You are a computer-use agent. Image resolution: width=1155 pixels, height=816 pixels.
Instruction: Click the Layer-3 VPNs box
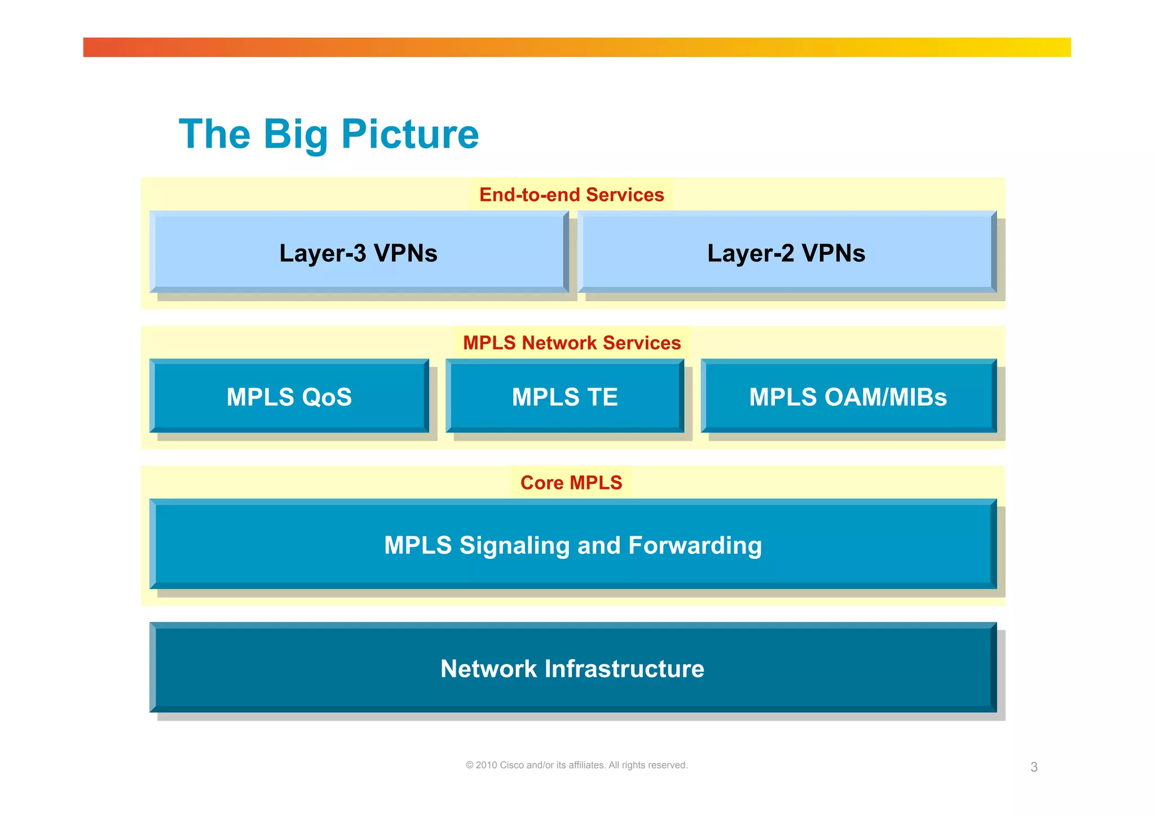pyautogui.click(x=359, y=253)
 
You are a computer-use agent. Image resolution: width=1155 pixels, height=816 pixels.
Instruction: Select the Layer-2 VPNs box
pyautogui.click(x=786, y=253)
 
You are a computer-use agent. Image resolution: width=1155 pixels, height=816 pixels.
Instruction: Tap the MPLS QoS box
pyautogui.click(x=289, y=396)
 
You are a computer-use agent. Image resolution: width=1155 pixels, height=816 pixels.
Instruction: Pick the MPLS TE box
pyautogui.click(x=565, y=396)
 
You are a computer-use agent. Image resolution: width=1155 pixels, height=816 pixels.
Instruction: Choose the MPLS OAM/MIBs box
pyautogui.click(x=848, y=396)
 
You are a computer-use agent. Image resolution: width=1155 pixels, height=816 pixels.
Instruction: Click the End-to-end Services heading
pyautogui.click(x=571, y=195)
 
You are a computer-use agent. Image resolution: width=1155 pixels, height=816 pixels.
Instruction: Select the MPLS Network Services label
pyautogui.click(x=571, y=343)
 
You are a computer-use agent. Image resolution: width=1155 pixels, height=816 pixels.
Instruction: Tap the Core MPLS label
pyautogui.click(x=571, y=483)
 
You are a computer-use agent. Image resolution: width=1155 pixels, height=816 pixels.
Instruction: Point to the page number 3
pyautogui.click(x=1034, y=767)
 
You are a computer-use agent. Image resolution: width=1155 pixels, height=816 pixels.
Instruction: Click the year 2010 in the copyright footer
pyautogui.click(x=486, y=765)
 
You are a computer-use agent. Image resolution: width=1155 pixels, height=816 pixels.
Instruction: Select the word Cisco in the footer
pyautogui.click(x=512, y=765)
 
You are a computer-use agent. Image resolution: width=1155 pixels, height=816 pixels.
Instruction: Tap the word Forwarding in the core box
pyautogui.click(x=695, y=546)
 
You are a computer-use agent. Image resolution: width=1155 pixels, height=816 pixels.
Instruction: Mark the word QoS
pyautogui.click(x=327, y=397)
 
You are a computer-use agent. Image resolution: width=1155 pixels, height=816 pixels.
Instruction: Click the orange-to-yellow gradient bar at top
pyautogui.click(x=576, y=47)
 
